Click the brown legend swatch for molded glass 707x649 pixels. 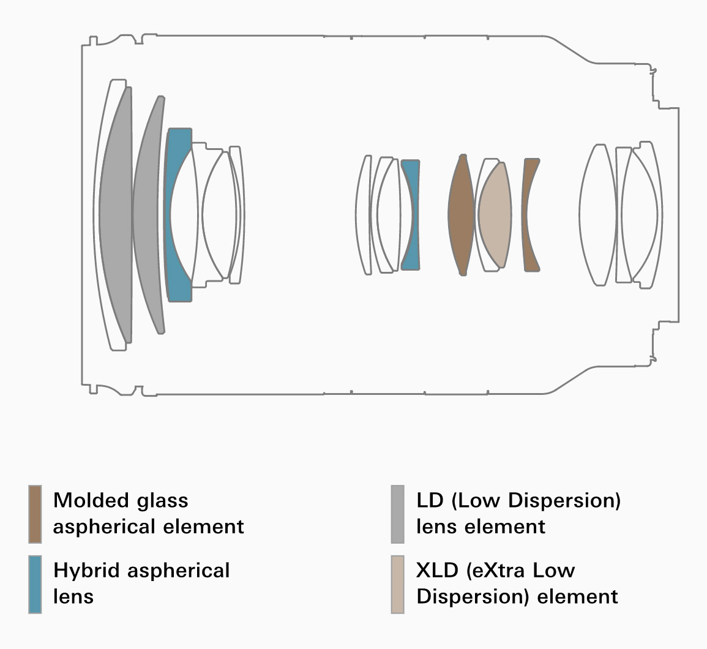pos(35,514)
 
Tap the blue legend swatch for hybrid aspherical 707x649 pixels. pos(35,583)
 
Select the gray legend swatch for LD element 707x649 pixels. pos(398,514)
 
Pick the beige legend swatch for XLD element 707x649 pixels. pos(398,583)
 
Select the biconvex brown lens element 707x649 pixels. pos(461,214)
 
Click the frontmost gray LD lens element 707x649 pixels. pos(116,214)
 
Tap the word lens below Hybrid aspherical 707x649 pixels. pos(73,596)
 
